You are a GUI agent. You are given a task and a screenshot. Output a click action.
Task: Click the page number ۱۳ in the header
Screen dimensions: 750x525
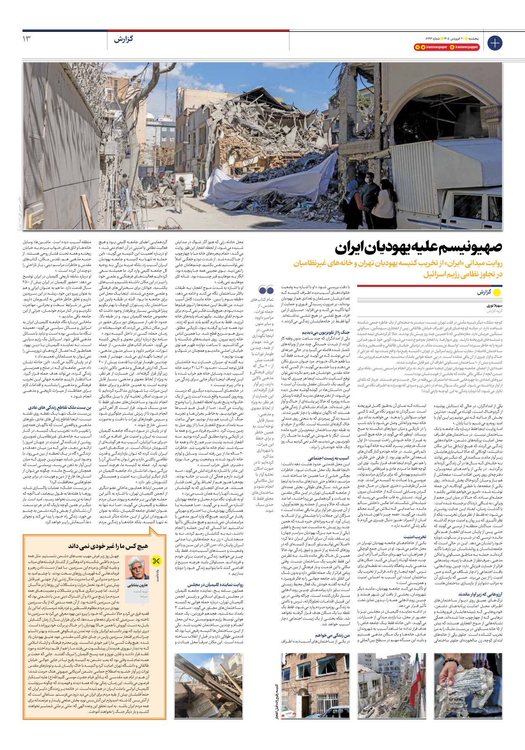coord(26,39)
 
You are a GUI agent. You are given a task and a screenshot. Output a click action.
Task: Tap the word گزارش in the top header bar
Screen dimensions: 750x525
coord(123,39)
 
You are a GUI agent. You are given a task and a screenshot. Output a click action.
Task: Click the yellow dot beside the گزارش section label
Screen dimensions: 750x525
coord(497,292)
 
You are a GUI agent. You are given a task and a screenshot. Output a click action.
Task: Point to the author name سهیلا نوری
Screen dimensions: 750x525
coord(494,306)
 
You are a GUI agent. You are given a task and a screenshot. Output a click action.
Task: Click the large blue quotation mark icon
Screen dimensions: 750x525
coord(266,290)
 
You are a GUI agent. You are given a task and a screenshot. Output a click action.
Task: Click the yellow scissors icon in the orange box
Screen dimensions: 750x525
coord(156,561)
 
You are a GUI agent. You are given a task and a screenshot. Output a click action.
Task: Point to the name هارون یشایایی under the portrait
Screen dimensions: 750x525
coord(137,585)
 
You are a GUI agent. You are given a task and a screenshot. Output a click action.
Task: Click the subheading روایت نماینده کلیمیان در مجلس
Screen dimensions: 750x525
coord(215,584)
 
